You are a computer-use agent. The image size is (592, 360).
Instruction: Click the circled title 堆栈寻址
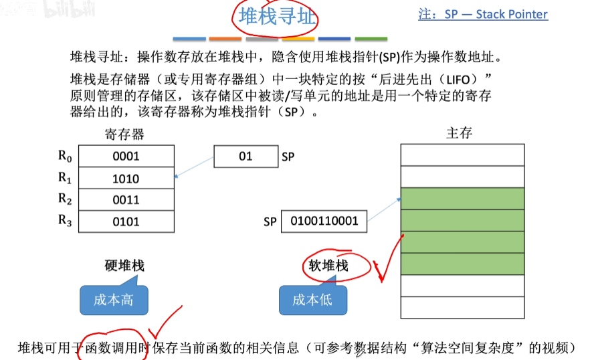click(276, 17)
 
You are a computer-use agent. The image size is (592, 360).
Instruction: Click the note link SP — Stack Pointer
click(483, 14)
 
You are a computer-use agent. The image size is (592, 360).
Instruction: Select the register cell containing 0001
click(126, 156)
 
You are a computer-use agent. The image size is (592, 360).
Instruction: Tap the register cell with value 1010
click(126, 178)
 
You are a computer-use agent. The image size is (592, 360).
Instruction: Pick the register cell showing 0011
click(126, 199)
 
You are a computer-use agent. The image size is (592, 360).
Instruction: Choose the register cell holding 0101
click(126, 221)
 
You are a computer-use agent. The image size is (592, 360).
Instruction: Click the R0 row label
click(64, 156)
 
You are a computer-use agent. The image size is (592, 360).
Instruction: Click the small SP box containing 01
click(245, 157)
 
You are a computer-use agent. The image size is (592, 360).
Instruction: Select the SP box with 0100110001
click(324, 221)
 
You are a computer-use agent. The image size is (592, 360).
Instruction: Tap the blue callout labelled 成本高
click(113, 300)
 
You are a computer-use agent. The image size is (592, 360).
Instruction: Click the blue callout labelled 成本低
click(312, 300)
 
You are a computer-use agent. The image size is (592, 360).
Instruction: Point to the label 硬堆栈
click(124, 266)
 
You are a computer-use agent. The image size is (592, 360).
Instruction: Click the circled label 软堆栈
click(328, 266)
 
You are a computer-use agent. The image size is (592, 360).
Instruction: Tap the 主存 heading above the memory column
click(459, 133)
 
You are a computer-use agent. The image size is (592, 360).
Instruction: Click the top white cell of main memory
click(462, 155)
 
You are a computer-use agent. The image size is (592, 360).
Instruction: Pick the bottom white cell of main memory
click(462, 307)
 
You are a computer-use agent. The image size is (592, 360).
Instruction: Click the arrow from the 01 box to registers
click(194, 167)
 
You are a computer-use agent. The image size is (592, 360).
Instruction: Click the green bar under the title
click(370, 39)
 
